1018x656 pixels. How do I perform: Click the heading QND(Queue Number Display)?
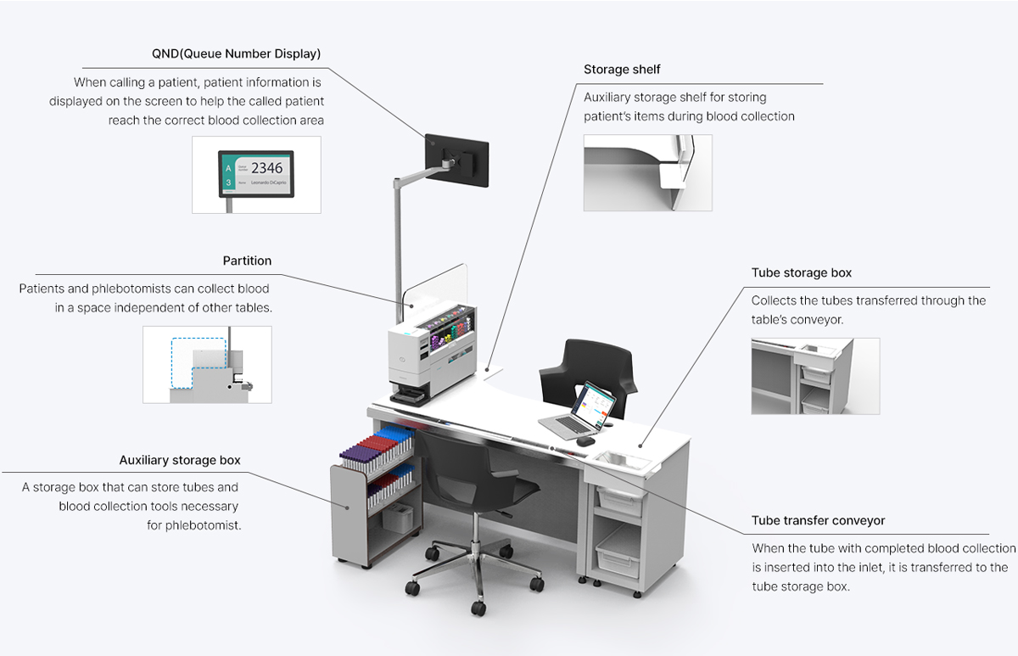[236, 54]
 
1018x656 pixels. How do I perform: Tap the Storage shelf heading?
[622, 70]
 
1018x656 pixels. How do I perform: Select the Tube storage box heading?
[801, 273]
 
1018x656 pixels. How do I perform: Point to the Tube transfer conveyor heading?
[818, 521]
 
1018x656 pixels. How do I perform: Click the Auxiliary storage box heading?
[180, 461]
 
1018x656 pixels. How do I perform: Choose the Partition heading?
[247, 261]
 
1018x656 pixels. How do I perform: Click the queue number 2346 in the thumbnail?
[266, 167]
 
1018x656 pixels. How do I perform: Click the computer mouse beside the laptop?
[584, 441]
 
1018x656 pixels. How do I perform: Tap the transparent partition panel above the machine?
[443, 284]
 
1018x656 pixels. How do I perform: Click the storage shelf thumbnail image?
[647, 172]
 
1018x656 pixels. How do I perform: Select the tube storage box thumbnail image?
[814, 376]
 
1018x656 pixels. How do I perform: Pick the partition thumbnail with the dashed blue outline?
[207, 364]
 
